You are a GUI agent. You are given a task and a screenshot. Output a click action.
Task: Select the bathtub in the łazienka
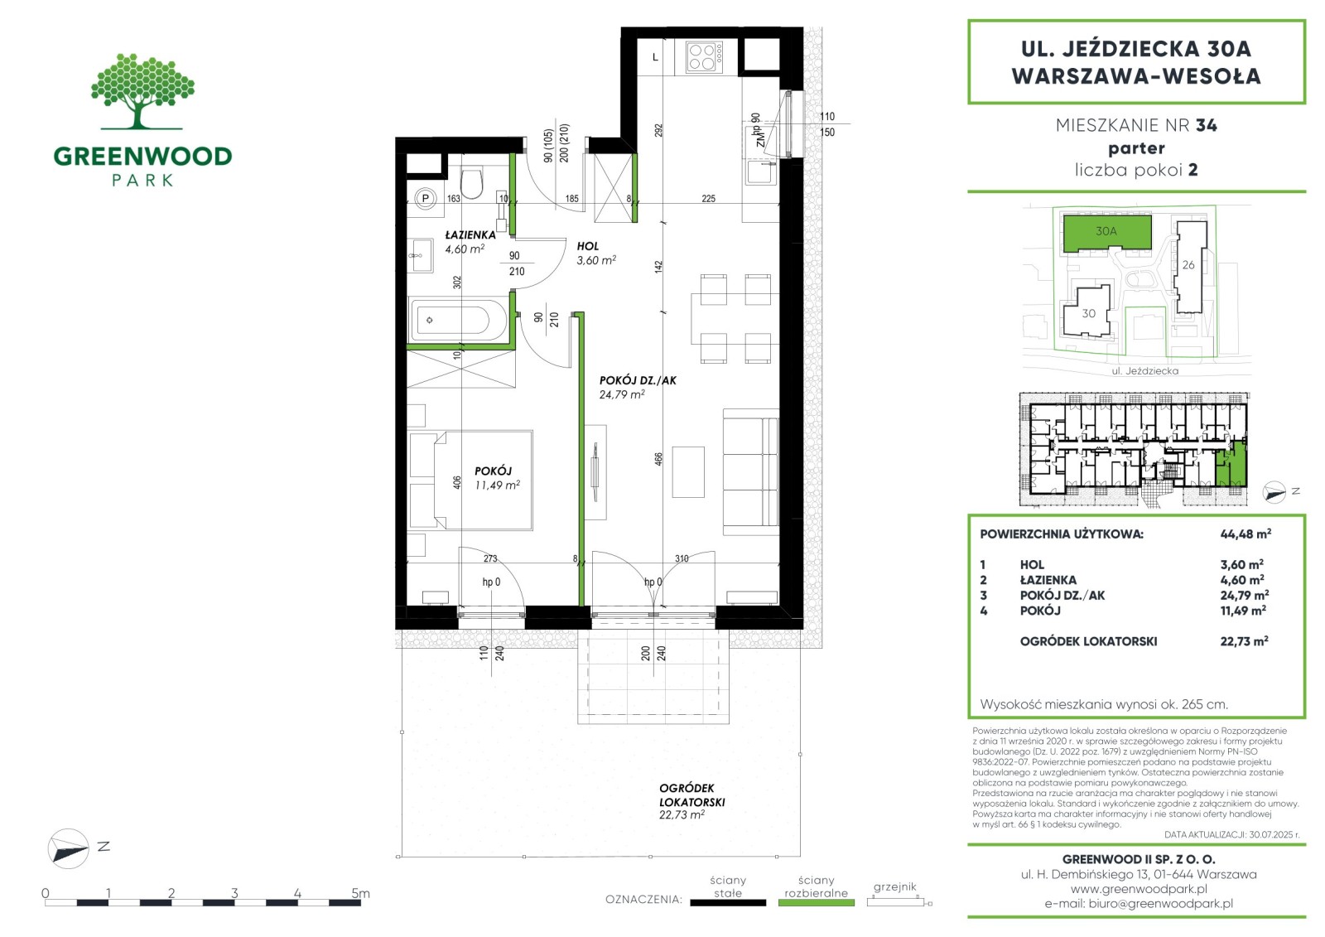[x=458, y=321]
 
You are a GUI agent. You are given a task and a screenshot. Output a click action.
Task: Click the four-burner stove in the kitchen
[x=704, y=57]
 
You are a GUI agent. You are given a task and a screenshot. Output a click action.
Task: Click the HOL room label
[x=588, y=246]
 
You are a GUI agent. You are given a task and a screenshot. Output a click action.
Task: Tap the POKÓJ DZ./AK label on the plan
[x=638, y=380]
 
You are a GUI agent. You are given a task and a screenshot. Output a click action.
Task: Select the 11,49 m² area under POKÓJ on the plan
[x=498, y=485]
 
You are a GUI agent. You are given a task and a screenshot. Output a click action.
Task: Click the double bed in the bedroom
[x=483, y=480]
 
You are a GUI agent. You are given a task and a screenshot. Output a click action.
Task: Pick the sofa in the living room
[x=750, y=471]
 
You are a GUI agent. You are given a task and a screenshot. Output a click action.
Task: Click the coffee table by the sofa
[x=688, y=472]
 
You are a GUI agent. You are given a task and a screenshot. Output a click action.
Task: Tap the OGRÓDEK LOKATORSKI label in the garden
[x=691, y=795]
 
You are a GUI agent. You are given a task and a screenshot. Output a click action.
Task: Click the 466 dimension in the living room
[x=658, y=459]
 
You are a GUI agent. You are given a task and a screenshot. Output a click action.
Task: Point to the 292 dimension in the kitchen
[x=658, y=130]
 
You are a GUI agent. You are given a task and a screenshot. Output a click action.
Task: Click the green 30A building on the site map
[x=1106, y=232]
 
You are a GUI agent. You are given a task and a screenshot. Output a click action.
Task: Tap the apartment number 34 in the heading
[x=1206, y=125]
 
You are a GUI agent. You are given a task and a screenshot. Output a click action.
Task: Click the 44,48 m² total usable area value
[x=1245, y=534]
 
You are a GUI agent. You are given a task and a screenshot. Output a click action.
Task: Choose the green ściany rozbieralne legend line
[x=817, y=903]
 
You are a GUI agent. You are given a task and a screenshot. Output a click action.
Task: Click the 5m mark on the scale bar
[x=360, y=892]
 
